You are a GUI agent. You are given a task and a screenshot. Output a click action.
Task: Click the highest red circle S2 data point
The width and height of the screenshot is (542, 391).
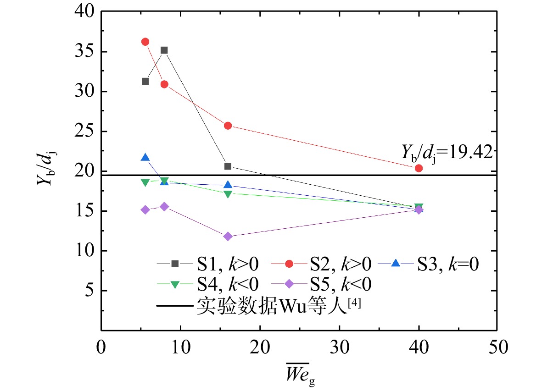(145, 42)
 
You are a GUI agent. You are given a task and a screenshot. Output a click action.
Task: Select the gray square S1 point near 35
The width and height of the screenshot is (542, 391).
(164, 50)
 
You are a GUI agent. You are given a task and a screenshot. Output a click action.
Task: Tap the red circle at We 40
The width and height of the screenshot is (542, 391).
(419, 168)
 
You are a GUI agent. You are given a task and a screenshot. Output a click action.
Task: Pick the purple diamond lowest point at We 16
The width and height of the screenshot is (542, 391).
(228, 237)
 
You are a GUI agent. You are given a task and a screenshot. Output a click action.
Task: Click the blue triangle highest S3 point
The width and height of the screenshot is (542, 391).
(145, 158)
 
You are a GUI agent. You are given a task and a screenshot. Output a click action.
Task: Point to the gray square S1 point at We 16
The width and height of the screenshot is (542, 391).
(228, 166)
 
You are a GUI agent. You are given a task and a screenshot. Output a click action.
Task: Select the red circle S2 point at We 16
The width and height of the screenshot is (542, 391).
(228, 126)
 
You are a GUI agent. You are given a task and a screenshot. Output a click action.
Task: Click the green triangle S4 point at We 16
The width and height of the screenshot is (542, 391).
(228, 194)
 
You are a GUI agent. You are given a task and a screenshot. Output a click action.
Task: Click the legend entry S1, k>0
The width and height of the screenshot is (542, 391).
(207, 264)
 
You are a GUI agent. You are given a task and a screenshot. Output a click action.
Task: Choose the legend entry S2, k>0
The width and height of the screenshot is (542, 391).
(321, 264)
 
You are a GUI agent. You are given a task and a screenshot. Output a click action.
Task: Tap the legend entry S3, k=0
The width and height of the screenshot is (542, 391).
(428, 264)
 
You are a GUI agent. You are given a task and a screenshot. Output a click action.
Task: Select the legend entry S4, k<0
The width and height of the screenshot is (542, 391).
(207, 284)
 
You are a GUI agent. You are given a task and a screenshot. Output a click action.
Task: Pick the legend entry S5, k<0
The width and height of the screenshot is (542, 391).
(321, 284)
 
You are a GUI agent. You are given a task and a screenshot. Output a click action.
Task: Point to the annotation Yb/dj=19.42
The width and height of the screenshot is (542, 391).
(447, 153)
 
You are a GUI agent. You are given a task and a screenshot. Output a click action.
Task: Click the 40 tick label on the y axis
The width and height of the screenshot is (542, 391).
(84, 11)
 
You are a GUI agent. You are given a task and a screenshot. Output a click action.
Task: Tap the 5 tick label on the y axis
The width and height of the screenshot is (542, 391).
(89, 291)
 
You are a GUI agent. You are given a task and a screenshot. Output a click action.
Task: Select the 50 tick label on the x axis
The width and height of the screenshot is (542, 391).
(498, 347)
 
